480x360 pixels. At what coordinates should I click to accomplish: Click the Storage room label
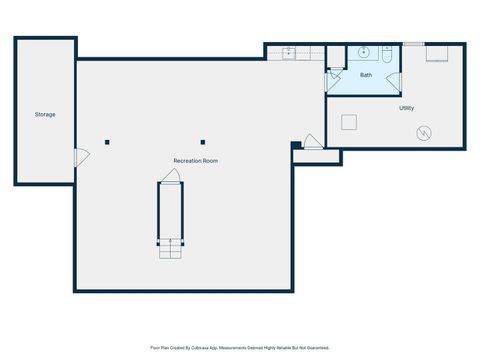(45, 115)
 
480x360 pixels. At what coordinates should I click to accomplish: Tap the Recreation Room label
(196, 160)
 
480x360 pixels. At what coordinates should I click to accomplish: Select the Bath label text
(366, 75)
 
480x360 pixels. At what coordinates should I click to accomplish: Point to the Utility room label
(407, 108)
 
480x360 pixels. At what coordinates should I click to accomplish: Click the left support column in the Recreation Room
(108, 141)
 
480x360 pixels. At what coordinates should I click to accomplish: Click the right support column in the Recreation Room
(203, 141)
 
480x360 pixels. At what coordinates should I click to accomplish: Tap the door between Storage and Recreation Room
(81, 156)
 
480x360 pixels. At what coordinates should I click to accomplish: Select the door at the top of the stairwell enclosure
(172, 176)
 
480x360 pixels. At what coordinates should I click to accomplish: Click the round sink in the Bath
(362, 52)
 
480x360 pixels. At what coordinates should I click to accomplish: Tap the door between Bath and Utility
(394, 82)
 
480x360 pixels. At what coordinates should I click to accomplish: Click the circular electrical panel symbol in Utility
(424, 131)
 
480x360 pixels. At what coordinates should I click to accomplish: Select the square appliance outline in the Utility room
(350, 122)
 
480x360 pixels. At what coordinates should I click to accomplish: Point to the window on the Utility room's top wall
(413, 44)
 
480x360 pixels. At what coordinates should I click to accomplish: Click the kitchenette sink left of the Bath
(289, 52)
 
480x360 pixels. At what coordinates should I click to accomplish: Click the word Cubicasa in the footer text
(212, 347)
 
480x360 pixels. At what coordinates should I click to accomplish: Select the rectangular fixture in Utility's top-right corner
(437, 54)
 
